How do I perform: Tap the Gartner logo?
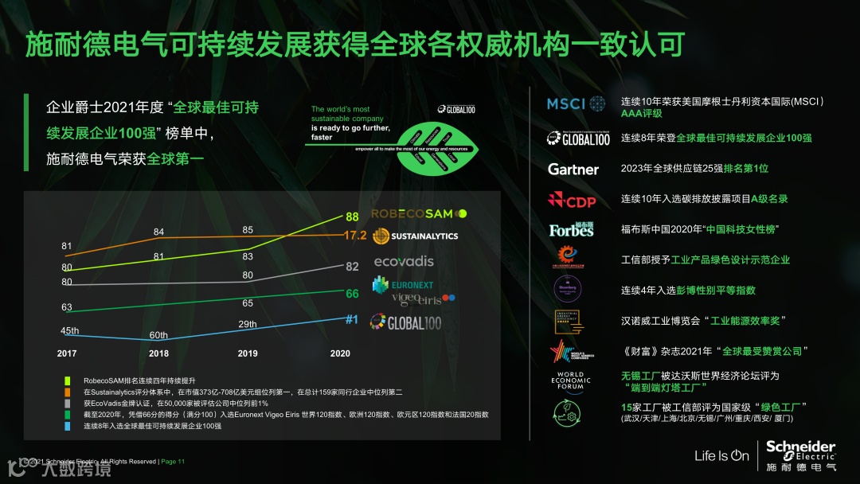point(573,169)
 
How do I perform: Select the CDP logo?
point(571,199)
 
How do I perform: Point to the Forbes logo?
point(571,229)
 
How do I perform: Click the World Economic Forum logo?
point(571,381)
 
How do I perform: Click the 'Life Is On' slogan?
point(721,456)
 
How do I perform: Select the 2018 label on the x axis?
point(158,353)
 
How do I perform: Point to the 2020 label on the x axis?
point(339,353)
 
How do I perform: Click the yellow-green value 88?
point(352,217)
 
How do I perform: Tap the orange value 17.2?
point(354,236)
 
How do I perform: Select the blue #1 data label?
point(352,319)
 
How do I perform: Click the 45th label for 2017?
point(69,330)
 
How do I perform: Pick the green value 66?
point(352,294)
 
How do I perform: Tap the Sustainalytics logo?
point(415,236)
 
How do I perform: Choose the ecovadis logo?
point(404,261)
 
